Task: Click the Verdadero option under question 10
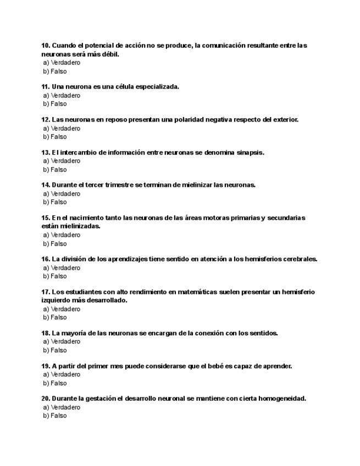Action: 62,63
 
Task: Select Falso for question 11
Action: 55,104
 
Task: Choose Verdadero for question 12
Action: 62,128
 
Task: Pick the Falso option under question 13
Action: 55,169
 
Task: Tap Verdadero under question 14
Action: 62,193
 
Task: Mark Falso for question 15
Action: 55,243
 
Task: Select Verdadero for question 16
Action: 62,268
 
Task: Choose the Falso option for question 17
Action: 55,317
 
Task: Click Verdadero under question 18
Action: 62,341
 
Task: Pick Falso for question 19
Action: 55,383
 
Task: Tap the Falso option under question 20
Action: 55,415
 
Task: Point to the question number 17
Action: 46,292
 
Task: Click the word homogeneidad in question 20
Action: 278,398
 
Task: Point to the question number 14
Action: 46,185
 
